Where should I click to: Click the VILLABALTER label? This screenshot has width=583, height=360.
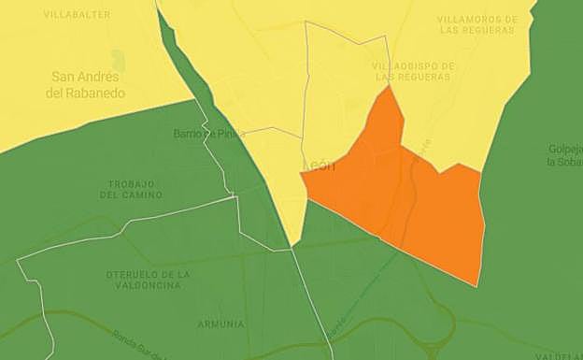(x=77, y=15)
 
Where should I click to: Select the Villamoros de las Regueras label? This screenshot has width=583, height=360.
(x=476, y=24)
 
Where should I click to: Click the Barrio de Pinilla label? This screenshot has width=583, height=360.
(x=208, y=134)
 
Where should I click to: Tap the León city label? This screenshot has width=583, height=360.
(x=320, y=166)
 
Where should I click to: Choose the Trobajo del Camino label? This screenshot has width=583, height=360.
(x=135, y=189)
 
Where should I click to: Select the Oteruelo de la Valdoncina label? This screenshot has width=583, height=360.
(x=149, y=280)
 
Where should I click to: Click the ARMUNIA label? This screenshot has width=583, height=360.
(x=221, y=324)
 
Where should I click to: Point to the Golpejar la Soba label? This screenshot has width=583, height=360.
(x=564, y=155)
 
